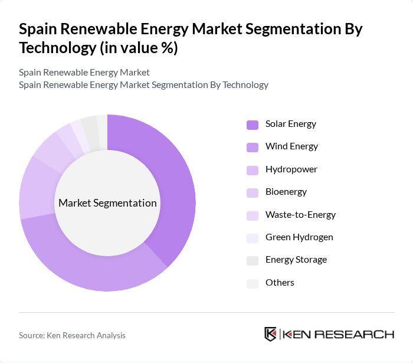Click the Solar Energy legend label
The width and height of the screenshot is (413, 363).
(291, 124)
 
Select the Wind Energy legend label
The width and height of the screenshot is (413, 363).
(291, 146)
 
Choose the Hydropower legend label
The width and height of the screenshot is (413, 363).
(291, 169)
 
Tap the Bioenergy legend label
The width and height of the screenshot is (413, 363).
(286, 192)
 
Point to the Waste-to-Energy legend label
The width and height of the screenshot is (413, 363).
(300, 215)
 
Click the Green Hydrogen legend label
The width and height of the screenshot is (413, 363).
(299, 237)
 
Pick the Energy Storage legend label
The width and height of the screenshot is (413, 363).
(296, 260)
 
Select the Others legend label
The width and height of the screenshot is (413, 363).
(280, 283)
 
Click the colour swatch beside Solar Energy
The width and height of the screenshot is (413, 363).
(253, 125)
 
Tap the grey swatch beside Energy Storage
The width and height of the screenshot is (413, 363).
(253, 260)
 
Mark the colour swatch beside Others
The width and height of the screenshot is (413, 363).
(253, 283)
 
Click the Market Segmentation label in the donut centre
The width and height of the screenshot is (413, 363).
(107, 203)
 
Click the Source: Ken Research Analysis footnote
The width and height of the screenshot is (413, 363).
(72, 335)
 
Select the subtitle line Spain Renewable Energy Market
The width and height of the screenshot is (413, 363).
(84, 72)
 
